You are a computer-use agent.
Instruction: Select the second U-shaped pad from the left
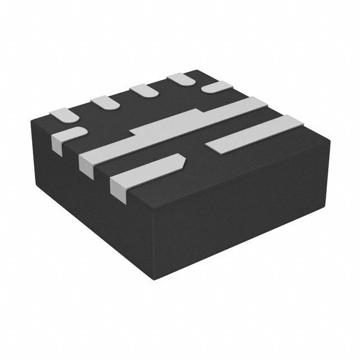103,102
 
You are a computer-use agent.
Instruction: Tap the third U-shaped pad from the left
142,91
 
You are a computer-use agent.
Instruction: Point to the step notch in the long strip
133,133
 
